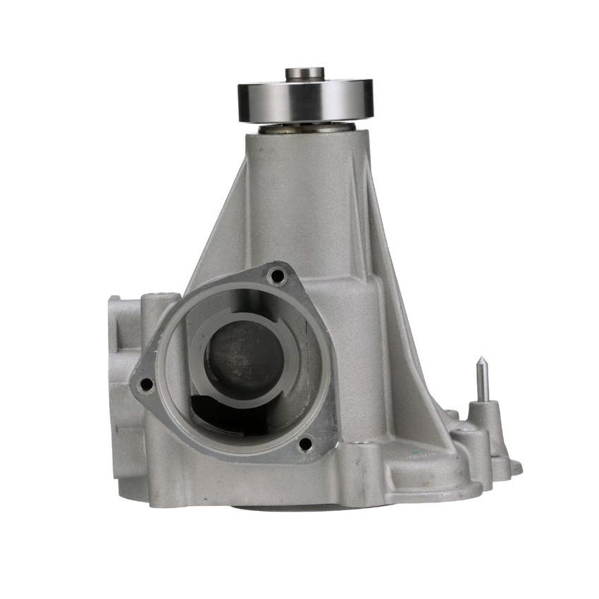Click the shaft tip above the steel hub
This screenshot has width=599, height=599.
pyautogui.click(x=304, y=73)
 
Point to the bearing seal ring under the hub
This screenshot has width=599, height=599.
pyautogui.click(x=306, y=128)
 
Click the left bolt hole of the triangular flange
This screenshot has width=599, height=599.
pyautogui.click(x=147, y=384)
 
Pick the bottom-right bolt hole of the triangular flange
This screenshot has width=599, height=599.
pyautogui.click(x=304, y=443)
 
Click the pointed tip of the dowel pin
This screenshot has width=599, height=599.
pyautogui.click(x=481, y=362)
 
